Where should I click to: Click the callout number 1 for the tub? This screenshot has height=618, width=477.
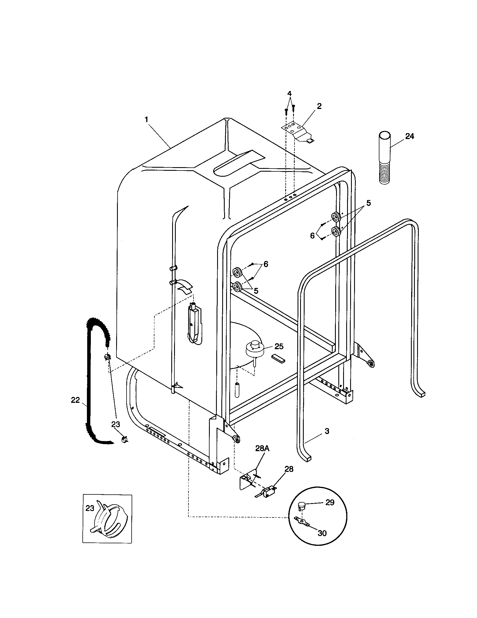tap(146, 120)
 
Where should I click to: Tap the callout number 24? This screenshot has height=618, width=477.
tap(409, 137)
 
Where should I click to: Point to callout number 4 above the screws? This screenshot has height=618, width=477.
tap(289, 93)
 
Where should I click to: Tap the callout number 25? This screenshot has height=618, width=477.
tap(279, 346)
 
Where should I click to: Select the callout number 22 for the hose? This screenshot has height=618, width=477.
tap(75, 400)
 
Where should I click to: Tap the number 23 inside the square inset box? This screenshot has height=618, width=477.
tap(90, 508)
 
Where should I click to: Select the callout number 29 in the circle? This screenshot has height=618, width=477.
tap(330, 503)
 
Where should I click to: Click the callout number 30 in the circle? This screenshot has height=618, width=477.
tap(322, 533)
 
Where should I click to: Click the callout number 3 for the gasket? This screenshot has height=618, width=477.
tap(327, 431)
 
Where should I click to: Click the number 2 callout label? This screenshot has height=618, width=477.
tap(319, 106)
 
